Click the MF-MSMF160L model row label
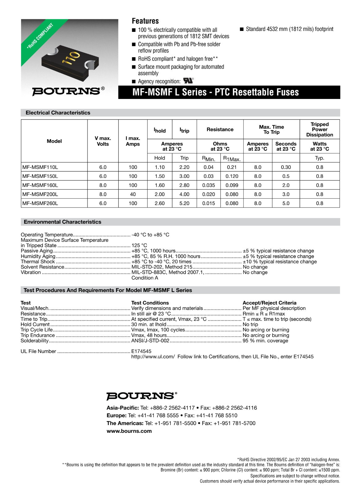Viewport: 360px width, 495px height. point(40,185)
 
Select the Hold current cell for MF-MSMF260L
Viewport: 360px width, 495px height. point(160,203)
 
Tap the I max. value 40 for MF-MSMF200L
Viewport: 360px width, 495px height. point(133,194)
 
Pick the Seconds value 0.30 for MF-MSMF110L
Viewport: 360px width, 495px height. point(286,167)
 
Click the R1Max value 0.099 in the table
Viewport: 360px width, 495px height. point(232,185)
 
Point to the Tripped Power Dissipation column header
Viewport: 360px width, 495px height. point(319,129)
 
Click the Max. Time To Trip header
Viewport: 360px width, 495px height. point(271,129)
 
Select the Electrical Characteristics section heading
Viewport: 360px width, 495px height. point(58,113)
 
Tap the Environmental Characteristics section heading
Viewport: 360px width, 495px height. point(62,222)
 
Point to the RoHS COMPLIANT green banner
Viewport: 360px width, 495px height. point(40,36)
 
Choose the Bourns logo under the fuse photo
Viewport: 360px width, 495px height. point(66,91)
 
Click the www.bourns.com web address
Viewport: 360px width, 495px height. point(129,431)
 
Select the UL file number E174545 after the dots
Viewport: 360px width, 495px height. point(141,351)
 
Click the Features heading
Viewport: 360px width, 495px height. point(145,21)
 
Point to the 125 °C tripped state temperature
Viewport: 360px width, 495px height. point(139,245)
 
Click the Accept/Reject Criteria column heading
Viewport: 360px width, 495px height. point(269,303)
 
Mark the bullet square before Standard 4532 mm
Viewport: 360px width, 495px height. point(242,29)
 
